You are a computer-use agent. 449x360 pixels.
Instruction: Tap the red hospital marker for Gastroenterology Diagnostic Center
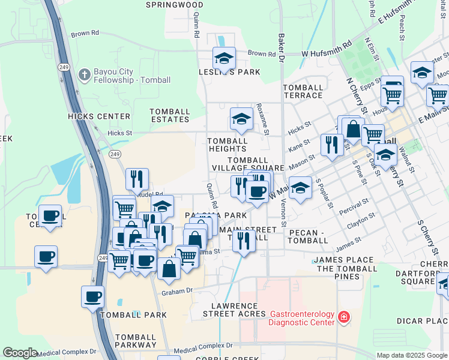click(x=343, y=317)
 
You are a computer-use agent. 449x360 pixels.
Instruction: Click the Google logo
click(x=20, y=353)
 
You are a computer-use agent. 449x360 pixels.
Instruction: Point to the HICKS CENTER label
click(x=99, y=116)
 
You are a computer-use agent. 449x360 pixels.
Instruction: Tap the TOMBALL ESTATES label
click(x=170, y=115)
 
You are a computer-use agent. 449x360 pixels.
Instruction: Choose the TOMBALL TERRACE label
click(x=303, y=91)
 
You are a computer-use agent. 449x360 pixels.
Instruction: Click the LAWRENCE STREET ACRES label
click(x=234, y=309)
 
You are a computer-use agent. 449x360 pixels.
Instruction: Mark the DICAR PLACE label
click(x=422, y=321)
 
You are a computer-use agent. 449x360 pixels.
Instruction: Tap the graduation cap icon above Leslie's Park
click(x=224, y=58)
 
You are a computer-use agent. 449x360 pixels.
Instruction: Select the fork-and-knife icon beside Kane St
click(x=331, y=145)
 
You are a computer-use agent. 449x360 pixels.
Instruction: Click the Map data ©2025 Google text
click(x=412, y=355)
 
